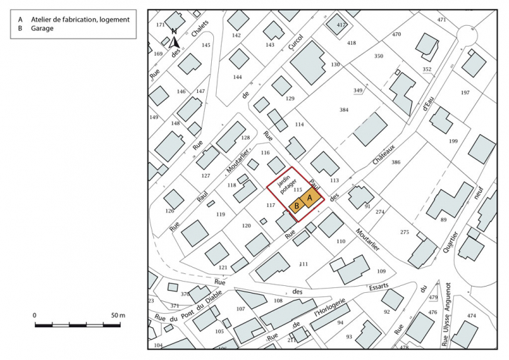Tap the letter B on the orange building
coord(296,206)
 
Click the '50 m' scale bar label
coord(117,316)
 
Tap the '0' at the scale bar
coord(36,316)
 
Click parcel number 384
coord(343,110)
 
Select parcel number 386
coord(396,162)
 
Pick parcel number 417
coord(341,25)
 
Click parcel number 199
coord(453,141)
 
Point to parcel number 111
coord(303,264)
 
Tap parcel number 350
coord(379,56)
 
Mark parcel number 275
coord(404,232)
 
